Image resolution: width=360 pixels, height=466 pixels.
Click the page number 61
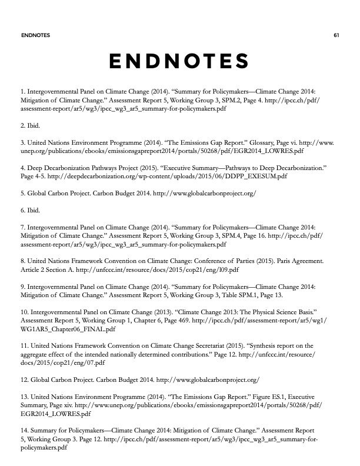[336, 35]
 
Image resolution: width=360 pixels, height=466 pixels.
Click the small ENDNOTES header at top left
[35, 35]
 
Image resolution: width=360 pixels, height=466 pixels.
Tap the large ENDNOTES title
[179, 61]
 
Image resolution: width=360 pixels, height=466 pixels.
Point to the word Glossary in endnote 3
[253, 142]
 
